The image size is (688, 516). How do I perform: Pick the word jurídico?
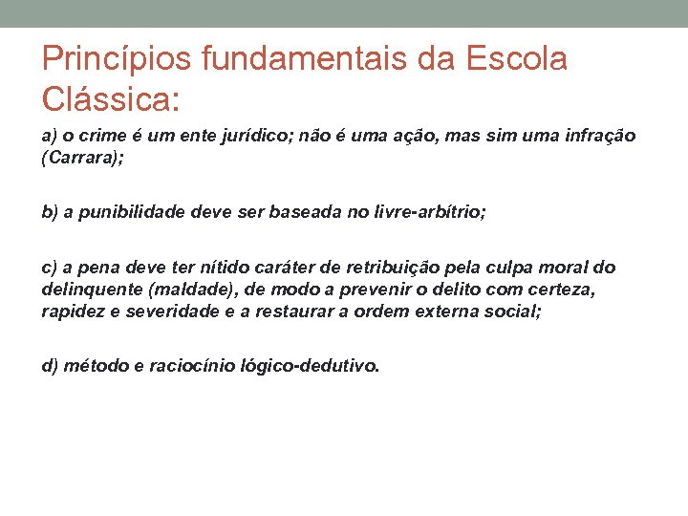click(x=262, y=137)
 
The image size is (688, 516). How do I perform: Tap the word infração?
click(x=598, y=137)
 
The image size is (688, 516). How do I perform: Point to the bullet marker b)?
click(x=50, y=211)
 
